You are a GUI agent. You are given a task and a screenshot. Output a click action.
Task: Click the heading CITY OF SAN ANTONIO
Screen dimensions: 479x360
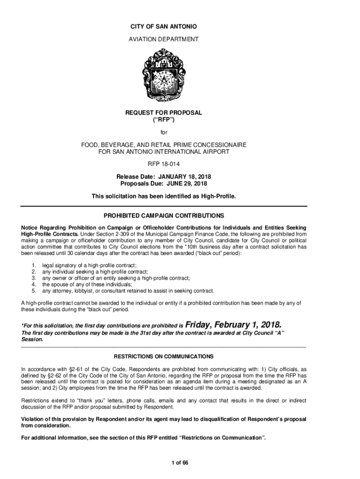point(164,28)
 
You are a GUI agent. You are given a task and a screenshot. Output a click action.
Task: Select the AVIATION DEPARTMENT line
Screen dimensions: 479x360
point(164,39)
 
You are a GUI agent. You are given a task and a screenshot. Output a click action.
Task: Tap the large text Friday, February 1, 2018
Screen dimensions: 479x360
point(234,325)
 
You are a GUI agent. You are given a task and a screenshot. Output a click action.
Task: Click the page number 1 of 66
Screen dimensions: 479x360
point(180,463)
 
